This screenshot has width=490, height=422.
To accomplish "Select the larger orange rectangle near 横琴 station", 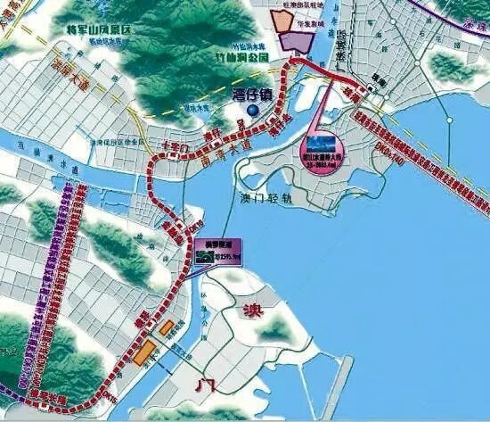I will (x=145, y=353).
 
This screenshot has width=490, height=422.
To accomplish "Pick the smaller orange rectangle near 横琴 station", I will (x=167, y=328).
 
